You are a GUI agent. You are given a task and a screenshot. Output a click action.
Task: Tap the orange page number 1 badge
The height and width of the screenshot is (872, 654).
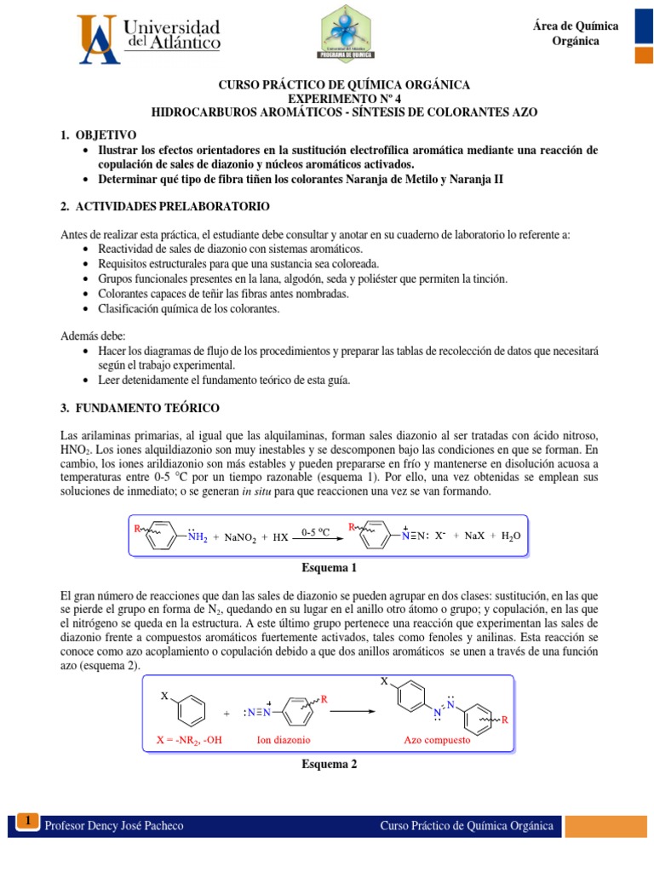pyautogui.click(x=28, y=821)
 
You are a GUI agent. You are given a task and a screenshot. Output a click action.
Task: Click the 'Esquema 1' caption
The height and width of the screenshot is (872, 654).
pyautogui.click(x=329, y=568)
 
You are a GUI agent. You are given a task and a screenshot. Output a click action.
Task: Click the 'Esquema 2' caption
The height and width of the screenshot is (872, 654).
pyautogui.click(x=329, y=764)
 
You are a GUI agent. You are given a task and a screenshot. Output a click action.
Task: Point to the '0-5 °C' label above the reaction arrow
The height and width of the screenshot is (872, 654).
pyautogui.click(x=316, y=531)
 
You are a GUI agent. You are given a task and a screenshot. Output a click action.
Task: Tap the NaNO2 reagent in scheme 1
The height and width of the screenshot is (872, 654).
pyautogui.click(x=245, y=538)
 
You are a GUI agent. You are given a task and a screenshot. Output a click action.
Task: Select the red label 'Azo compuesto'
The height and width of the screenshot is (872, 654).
pyautogui.click(x=437, y=740)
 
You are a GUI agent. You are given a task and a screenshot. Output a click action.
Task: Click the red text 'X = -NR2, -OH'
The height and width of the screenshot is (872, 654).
pyautogui.click(x=189, y=740)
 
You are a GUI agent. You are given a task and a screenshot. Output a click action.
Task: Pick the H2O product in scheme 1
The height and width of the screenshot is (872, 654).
pyautogui.click(x=510, y=536)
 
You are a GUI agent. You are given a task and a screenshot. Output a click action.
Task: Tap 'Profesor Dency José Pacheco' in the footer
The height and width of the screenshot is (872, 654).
pyautogui.click(x=114, y=826)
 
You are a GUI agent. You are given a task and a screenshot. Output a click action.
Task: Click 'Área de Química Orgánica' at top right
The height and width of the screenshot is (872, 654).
pyautogui.click(x=576, y=34)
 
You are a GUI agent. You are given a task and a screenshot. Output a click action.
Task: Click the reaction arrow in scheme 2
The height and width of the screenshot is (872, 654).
pyautogui.click(x=356, y=713)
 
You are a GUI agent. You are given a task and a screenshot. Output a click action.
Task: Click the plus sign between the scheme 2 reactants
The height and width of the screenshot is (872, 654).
pyautogui.click(x=226, y=714)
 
